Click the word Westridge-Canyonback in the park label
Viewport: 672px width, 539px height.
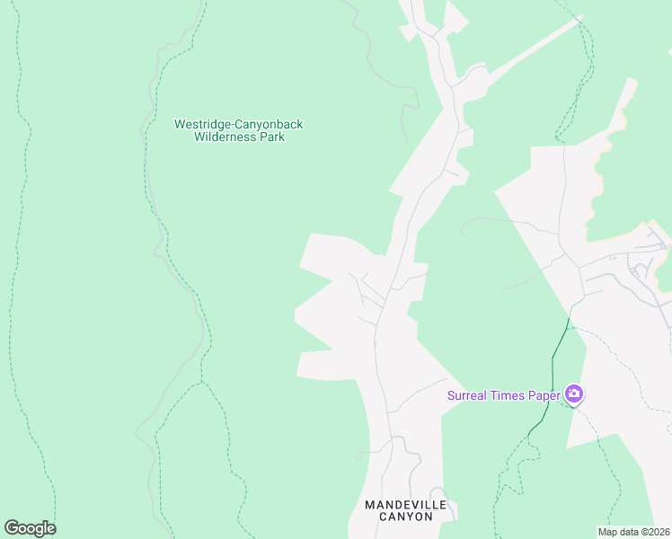tap(238, 125)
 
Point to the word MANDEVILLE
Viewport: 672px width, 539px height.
tap(405, 505)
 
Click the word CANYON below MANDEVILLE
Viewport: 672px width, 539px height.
tap(405, 517)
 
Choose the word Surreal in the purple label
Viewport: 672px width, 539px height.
tap(469, 395)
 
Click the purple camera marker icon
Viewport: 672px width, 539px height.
tap(573, 394)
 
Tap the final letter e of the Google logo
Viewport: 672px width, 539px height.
tap(50, 529)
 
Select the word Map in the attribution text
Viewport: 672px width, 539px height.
tap(608, 532)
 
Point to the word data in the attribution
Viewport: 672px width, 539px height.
tap(628, 532)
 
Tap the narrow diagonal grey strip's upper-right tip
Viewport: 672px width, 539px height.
tap(579, 17)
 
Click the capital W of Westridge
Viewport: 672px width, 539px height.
tap(179, 125)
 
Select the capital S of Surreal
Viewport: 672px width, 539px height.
tap(452, 395)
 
